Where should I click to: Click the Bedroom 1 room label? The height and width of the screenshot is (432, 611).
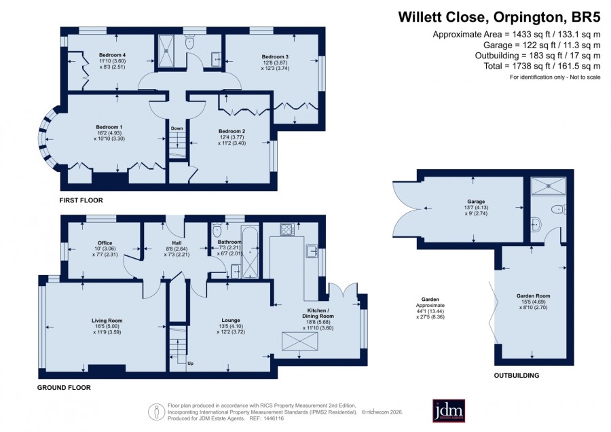109,127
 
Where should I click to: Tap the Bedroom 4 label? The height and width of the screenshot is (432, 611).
112,55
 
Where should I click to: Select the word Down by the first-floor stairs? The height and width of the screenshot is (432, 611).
177,128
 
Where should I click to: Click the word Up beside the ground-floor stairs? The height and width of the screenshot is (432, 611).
191,363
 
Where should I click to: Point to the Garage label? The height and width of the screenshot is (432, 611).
476,202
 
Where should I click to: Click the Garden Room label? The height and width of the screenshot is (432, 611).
533,296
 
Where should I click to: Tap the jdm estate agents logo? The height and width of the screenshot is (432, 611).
449,410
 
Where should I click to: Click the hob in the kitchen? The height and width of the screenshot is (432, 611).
287,229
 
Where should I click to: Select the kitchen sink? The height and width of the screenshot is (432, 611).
312,251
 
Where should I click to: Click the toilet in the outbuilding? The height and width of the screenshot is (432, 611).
559,209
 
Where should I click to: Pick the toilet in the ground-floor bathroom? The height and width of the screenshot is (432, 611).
217,231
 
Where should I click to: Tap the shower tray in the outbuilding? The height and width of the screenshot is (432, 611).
549,186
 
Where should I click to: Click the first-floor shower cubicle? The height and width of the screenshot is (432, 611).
167,50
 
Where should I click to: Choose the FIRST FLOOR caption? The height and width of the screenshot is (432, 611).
81,200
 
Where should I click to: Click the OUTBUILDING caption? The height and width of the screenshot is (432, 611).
517,376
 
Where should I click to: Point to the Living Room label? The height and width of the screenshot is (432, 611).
107,321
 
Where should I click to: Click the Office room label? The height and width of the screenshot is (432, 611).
105,243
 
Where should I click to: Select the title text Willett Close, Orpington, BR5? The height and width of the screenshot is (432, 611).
499,18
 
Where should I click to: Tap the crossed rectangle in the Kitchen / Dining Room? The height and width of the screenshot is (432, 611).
299,341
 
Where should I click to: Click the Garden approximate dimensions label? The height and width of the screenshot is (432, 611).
430,308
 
